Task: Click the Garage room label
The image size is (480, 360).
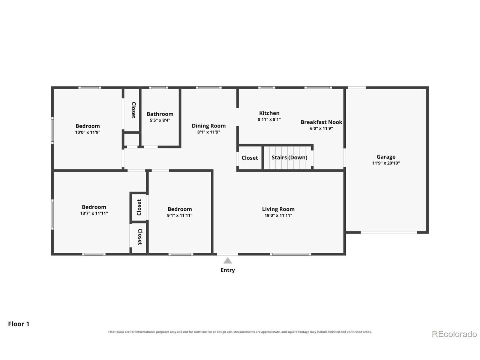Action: coord(386,157)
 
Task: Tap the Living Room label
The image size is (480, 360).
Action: coord(278,209)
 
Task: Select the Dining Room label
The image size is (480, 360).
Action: coord(208,126)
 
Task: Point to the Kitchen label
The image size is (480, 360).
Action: coord(269,113)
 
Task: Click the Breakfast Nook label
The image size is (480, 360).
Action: coord(321,122)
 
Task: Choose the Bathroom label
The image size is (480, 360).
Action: coord(160,114)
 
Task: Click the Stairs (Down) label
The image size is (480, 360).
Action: coord(289,157)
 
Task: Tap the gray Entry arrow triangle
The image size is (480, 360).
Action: coord(227,261)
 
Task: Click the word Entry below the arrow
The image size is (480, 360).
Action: coord(228,270)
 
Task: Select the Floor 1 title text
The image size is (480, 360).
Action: coord(19,324)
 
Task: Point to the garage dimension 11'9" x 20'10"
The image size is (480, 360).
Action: coord(386,163)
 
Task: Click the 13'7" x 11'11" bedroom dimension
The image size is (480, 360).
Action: coord(94,213)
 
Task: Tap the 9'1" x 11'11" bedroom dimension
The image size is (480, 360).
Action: coord(180,215)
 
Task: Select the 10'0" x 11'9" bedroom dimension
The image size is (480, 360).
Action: coord(88,132)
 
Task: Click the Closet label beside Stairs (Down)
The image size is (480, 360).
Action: coord(250,158)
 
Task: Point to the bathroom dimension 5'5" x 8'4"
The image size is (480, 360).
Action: coord(160,120)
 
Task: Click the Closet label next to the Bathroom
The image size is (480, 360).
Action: coord(133,110)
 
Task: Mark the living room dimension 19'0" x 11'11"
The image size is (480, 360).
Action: coord(278,215)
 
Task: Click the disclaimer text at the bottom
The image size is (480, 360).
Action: coord(240,332)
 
